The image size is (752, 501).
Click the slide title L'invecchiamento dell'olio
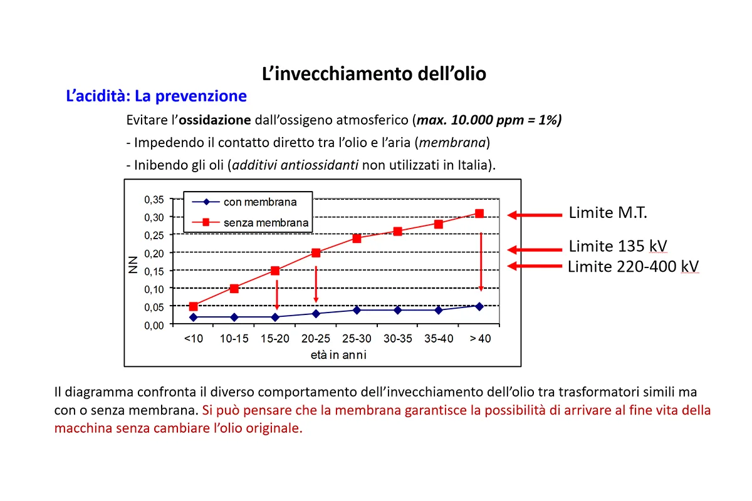[374, 74]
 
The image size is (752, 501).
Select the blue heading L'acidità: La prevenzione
[156, 96]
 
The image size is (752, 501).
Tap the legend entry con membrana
[260, 202]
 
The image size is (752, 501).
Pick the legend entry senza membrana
[266, 222]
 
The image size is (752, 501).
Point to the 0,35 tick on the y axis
[154, 200]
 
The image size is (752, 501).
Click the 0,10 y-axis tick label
[154, 289]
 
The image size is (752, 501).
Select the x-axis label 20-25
[316, 339]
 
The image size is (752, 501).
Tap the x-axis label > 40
[480, 339]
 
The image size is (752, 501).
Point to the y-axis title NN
[133, 267]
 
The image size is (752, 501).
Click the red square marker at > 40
[479, 214]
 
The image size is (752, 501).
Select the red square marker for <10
[194, 306]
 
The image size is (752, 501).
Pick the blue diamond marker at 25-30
[357, 310]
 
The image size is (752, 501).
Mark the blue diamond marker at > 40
[479, 306]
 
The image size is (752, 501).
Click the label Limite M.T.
[607, 212]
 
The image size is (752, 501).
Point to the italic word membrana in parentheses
[453, 142]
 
